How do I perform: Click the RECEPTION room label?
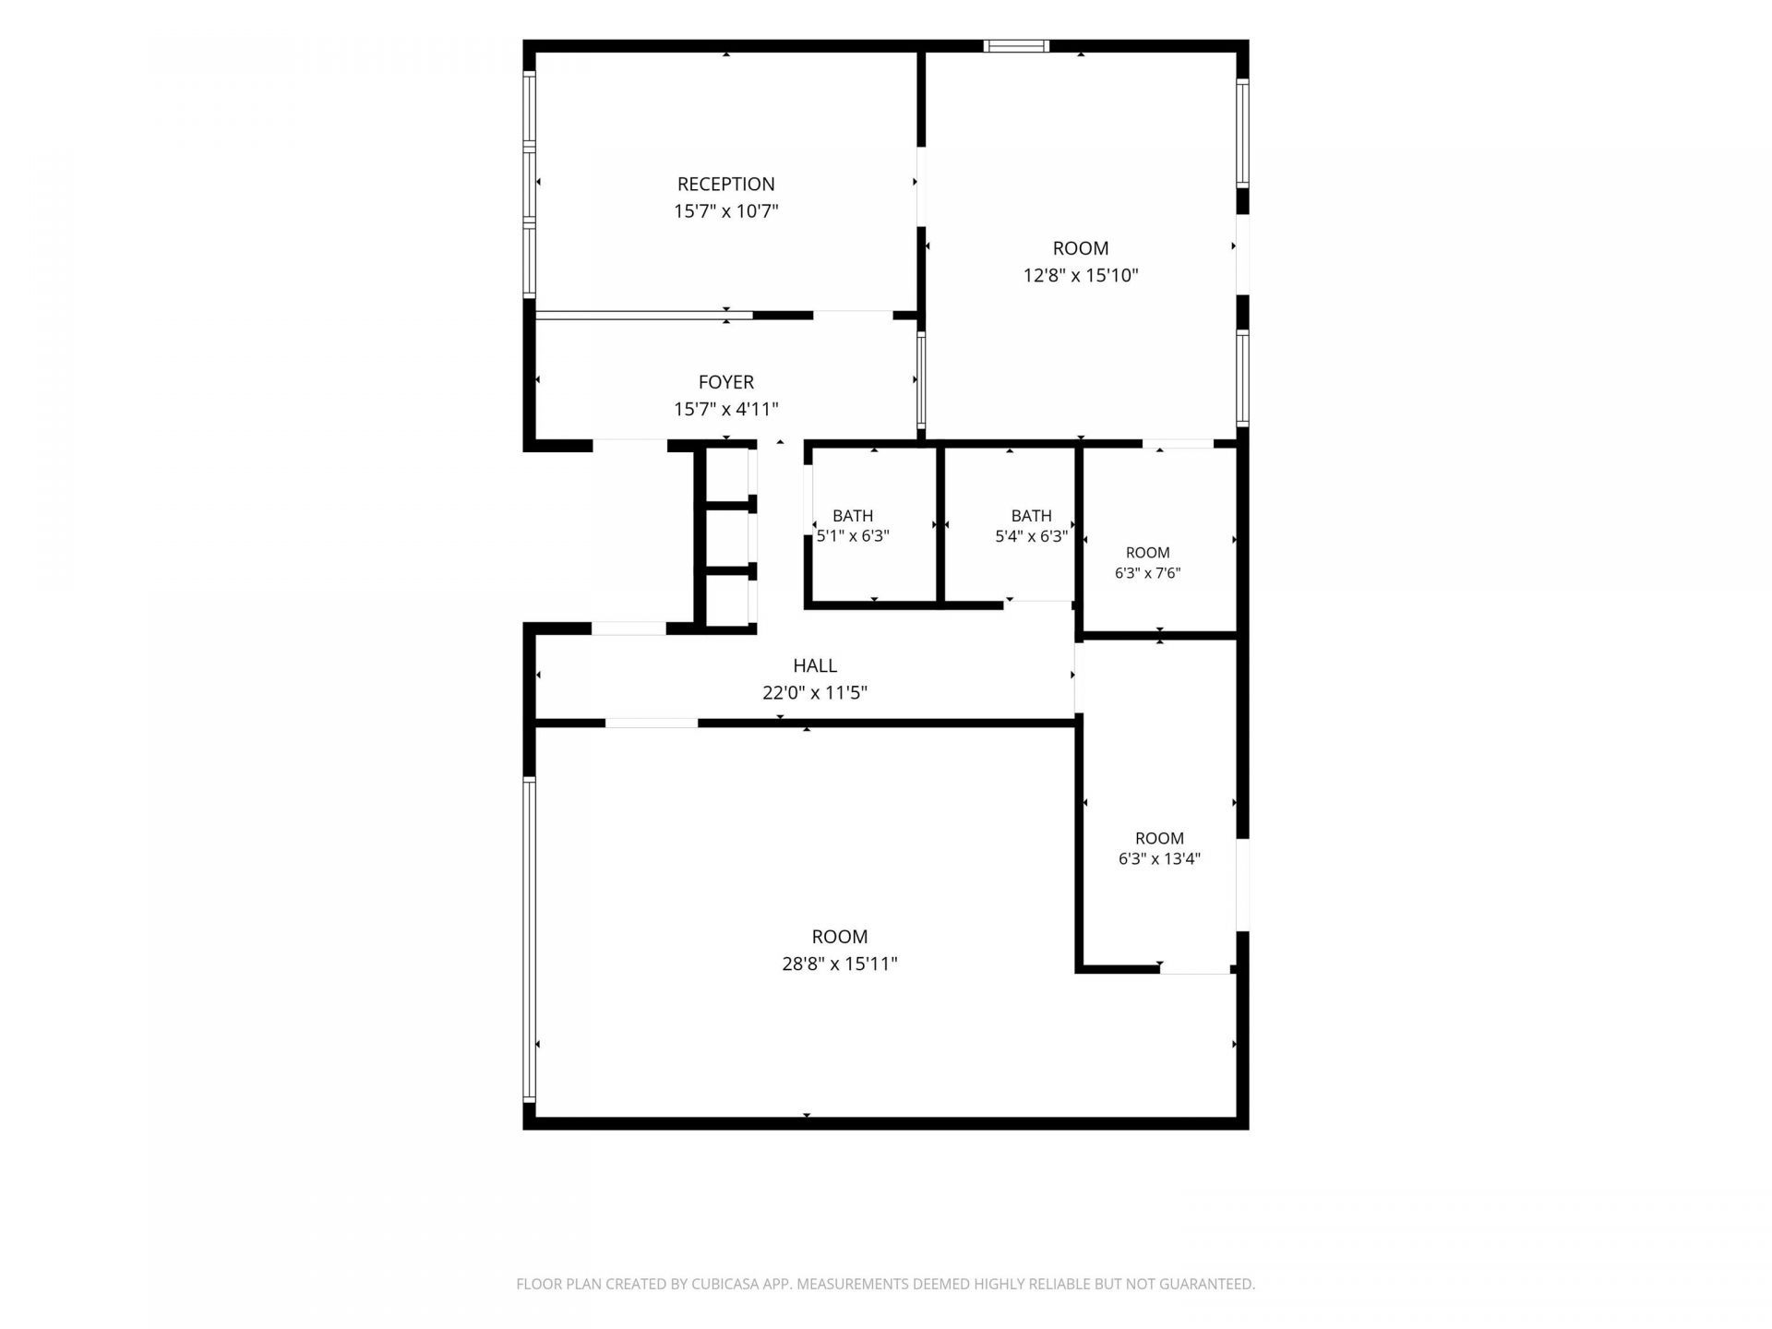click(725, 184)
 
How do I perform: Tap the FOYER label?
click(725, 382)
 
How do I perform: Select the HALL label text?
click(815, 665)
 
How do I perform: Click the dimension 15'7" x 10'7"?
click(725, 211)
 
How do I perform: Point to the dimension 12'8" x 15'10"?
click(1081, 275)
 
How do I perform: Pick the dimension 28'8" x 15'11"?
click(840, 964)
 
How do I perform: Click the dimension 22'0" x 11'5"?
click(815, 693)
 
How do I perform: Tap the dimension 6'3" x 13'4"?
click(1159, 859)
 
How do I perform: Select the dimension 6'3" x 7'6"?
click(1148, 573)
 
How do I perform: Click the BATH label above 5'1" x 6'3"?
click(853, 516)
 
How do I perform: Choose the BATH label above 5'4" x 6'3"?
click(1031, 516)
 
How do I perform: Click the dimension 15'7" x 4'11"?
click(725, 410)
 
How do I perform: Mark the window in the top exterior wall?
click(1016, 45)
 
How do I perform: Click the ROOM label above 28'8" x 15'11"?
click(840, 937)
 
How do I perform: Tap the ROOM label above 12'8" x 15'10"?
click(1081, 248)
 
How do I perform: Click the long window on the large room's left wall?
click(529, 939)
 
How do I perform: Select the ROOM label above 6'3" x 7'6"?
click(1148, 553)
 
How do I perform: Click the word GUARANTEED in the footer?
click(1209, 1284)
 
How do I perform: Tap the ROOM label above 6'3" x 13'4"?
click(1159, 838)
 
